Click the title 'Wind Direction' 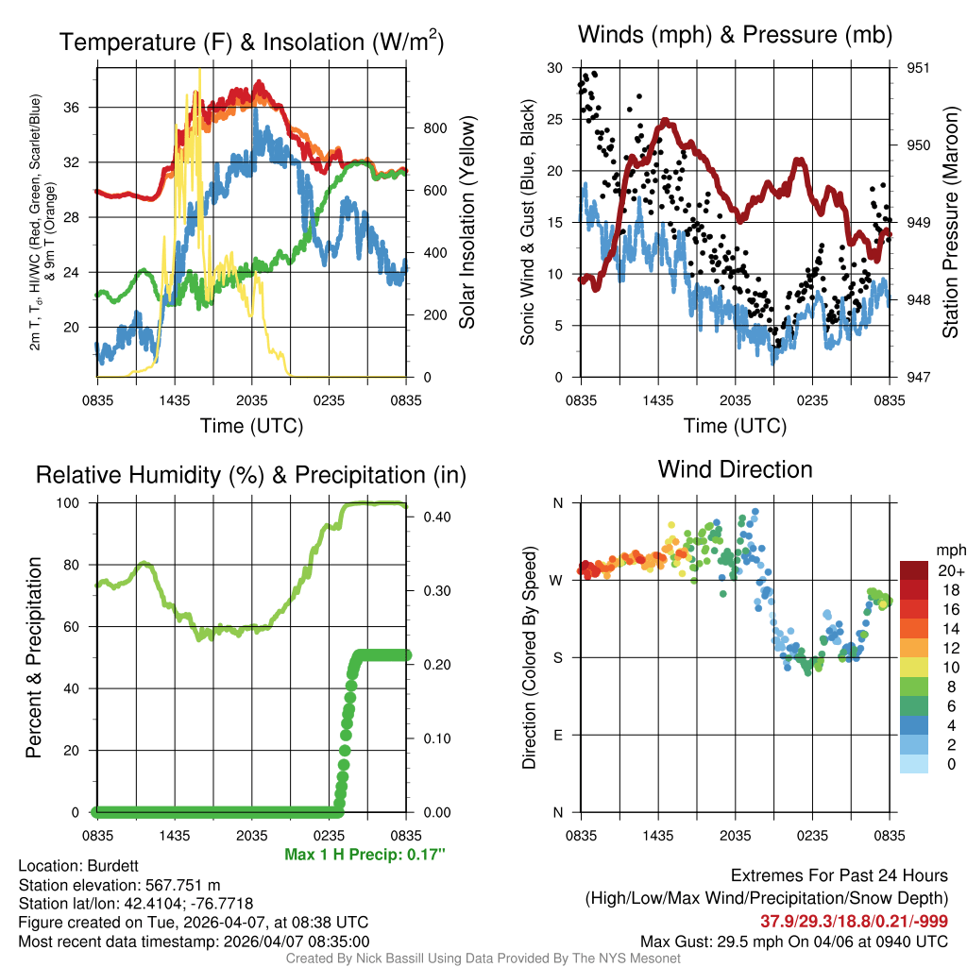735,469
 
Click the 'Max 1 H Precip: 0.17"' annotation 365,855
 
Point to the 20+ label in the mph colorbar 951,570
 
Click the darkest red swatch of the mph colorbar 914,570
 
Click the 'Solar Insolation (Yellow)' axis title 467,223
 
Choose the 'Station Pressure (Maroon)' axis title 950,223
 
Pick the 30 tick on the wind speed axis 555,68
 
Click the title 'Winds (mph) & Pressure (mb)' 735,35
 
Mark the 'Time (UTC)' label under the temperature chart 251,426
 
